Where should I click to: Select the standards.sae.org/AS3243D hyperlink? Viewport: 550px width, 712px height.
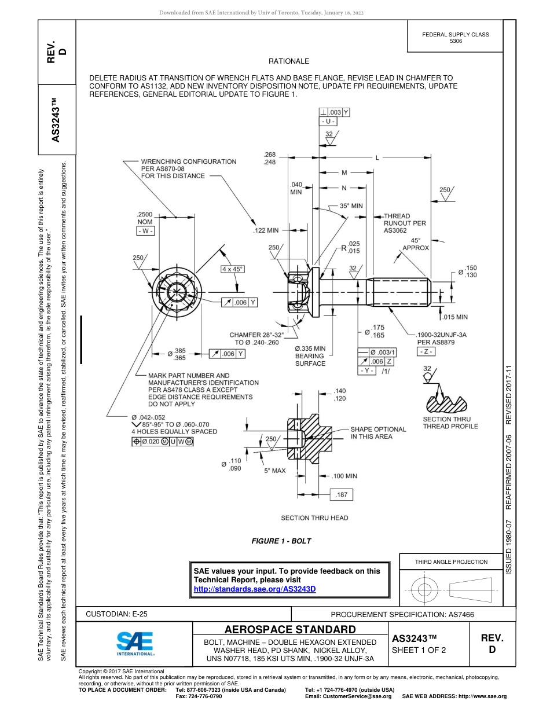(255, 589)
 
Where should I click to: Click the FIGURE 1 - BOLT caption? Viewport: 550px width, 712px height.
(281, 541)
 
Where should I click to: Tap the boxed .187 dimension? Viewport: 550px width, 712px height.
(341, 495)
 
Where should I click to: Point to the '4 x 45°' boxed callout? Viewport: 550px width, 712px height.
(232, 269)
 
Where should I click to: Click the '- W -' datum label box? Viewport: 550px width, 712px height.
(145, 231)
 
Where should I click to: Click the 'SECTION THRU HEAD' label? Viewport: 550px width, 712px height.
(314, 518)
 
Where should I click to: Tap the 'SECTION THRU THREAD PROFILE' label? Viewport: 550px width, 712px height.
(450, 423)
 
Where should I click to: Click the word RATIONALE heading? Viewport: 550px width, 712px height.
(289, 61)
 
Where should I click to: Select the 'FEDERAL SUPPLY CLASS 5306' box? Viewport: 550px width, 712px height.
(456, 38)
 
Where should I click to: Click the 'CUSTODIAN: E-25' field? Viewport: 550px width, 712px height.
(116, 614)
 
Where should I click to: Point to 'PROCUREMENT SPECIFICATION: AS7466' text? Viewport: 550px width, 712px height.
(402, 614)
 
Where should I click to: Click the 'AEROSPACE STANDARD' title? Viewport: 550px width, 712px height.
(290, 629)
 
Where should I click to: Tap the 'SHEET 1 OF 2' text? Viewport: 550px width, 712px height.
(419, 650)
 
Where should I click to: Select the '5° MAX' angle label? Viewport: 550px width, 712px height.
(275, 471)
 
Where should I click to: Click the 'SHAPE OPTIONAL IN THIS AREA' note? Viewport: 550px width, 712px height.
(378, 433)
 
